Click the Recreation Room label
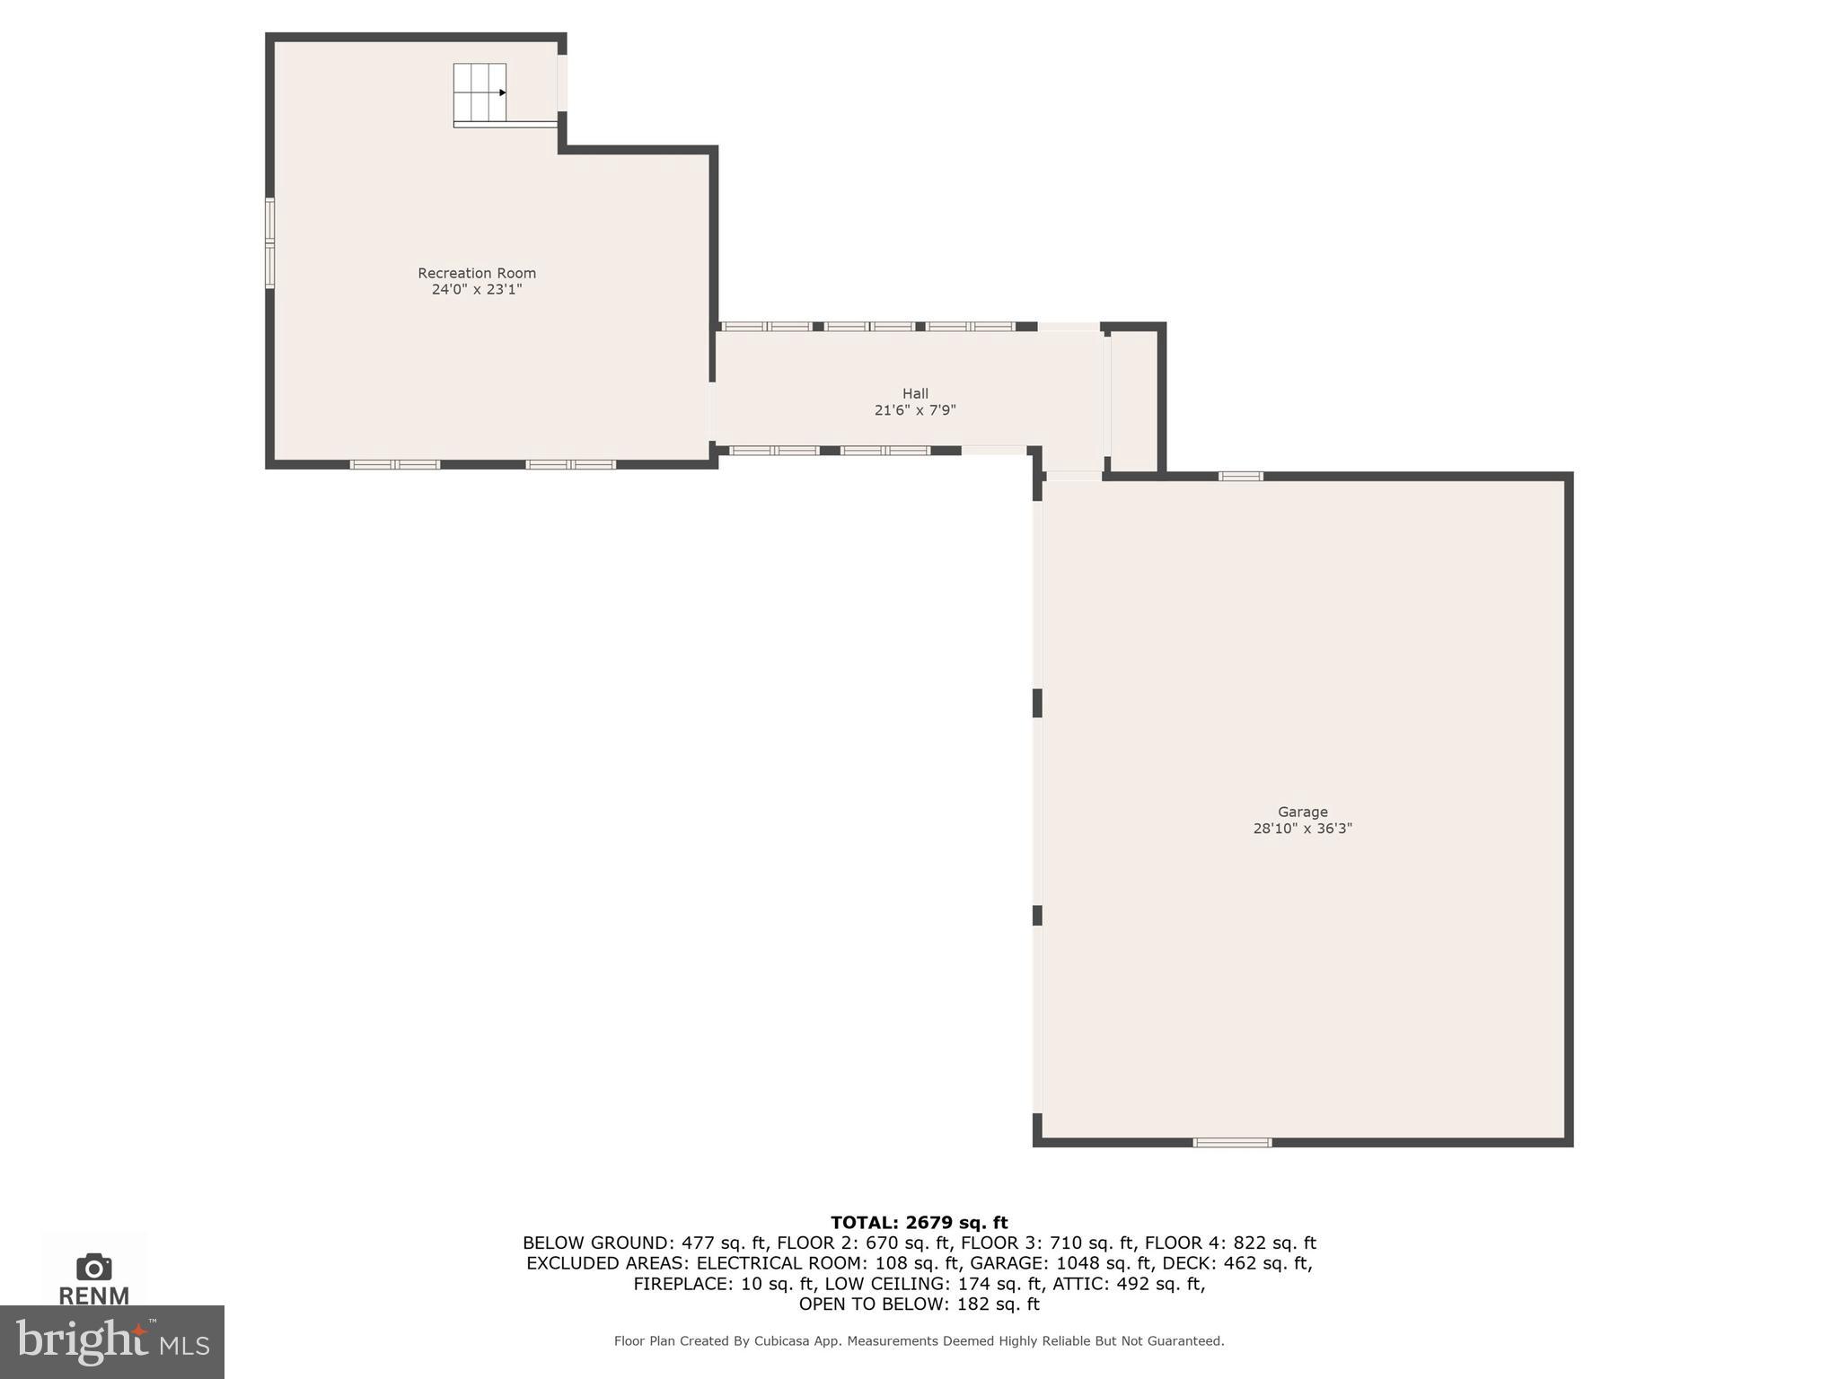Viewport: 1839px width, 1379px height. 476,273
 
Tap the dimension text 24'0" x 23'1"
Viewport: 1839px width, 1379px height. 476,290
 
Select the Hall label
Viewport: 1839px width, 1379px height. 915,393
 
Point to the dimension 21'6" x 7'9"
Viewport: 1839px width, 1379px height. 915,410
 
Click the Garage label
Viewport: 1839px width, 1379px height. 1302,812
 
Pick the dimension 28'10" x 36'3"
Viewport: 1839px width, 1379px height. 1302,829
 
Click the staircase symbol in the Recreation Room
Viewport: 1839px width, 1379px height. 480,92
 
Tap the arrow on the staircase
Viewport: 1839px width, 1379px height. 502,92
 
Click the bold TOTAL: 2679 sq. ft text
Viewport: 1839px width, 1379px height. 919,1222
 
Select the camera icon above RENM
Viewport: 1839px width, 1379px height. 93,1268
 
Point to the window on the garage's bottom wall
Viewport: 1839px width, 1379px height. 1232,1143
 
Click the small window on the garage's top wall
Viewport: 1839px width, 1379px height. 1240,476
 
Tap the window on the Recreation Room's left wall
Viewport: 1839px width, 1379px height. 269,243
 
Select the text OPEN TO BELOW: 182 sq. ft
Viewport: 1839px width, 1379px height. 919,1304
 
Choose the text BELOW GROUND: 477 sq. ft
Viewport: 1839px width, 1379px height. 645,1243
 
